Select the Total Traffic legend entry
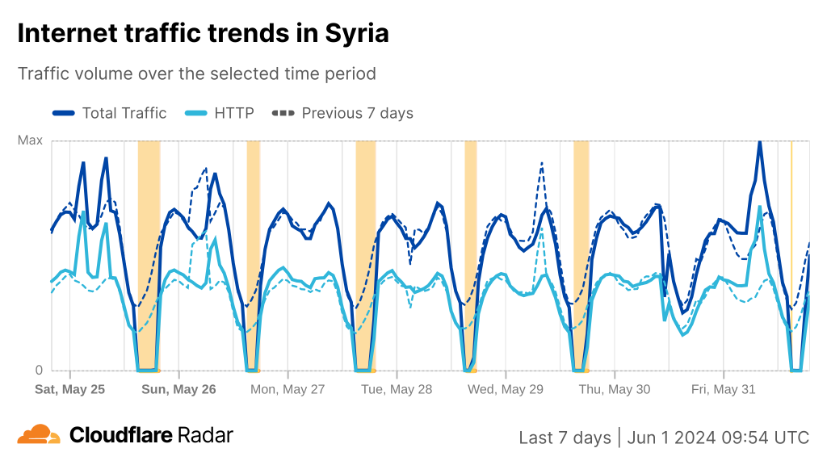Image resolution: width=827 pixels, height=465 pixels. [x=109, y=113]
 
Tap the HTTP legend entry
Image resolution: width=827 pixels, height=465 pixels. [x=220, y=113]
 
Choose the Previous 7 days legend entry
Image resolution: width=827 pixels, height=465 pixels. [x=343, y=113]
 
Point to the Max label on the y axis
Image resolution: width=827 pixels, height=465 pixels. [x=30, y=140]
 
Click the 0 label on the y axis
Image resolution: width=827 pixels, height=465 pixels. [x=38, y=371]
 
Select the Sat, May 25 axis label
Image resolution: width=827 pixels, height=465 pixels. [x=69, y=389]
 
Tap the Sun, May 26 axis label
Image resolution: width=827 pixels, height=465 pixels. [x=178, y=389]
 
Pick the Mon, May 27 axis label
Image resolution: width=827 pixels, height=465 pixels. [x=288, y=389]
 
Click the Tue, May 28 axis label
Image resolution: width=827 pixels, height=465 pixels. [x=397, y=389]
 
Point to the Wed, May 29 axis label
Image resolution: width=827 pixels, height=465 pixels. [x=506, y=389]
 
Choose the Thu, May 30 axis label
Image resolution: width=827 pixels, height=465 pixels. [x=615, y=389]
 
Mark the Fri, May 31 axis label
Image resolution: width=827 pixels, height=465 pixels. [x=724, y=389]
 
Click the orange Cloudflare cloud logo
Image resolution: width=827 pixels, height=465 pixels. [x=39, y=434]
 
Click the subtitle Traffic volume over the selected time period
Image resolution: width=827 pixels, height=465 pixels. [x=197, y=73]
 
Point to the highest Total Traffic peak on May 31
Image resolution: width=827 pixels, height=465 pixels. [x=759, y=142]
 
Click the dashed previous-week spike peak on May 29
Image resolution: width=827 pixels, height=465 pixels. [x=541, y=163]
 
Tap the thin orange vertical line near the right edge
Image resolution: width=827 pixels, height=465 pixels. [x=791, y=242]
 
